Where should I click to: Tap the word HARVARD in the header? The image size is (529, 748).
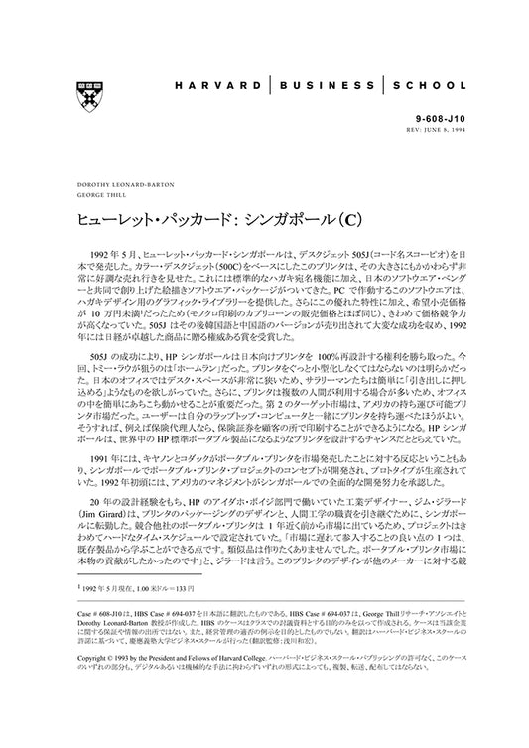click(x=209, y=86)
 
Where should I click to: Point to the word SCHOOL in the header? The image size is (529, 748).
click(x=428, y=86)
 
